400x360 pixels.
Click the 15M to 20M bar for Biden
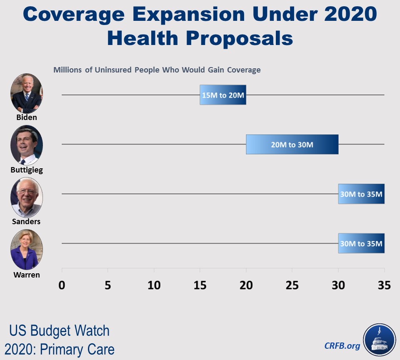point(223,95)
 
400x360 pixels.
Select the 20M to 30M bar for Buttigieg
point(292,145)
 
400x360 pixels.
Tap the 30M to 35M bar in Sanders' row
point(361,194)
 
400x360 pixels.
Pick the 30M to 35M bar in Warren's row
point(361,243)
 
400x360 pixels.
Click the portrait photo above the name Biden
point(27,94)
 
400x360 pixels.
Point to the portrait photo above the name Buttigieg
point(27,145)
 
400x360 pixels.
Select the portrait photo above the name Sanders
point(27,197)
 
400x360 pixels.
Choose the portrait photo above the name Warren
point(27,250)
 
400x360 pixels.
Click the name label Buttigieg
point(27,170)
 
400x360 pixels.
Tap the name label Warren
point(27,275)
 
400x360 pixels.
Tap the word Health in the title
point(143,38)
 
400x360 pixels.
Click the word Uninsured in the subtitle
point(113,70)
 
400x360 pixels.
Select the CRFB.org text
point(342,345)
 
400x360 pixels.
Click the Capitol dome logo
point(379,339)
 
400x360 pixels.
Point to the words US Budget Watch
point(59,331)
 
